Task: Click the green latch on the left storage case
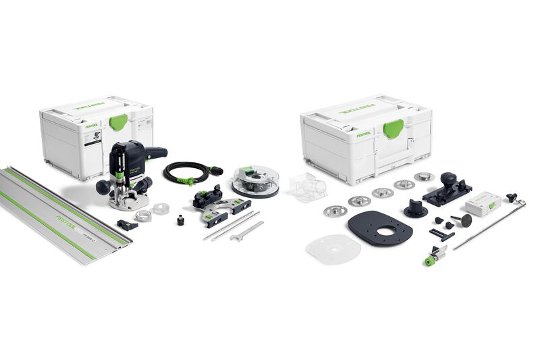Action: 118,122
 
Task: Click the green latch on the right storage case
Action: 393,128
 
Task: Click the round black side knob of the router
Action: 103,186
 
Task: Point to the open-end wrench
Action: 245,232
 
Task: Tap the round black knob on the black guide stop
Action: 447,180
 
